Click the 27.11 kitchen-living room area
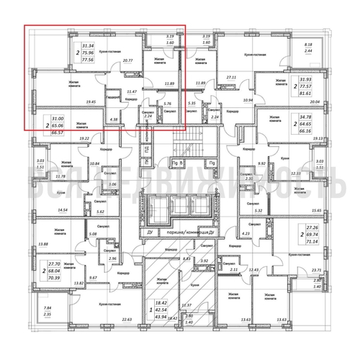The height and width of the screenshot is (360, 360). click(231, 76)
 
